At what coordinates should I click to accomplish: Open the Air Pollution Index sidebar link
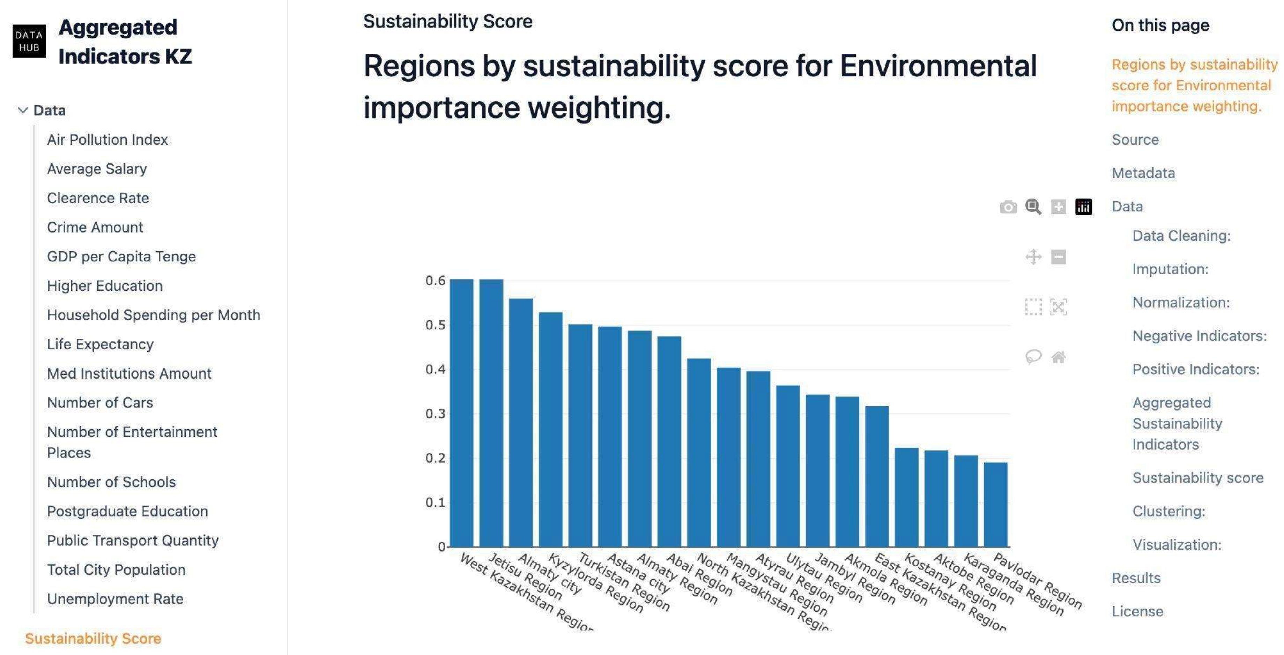(x=107, y=140)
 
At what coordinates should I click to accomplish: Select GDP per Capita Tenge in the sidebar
(x=121, y=256)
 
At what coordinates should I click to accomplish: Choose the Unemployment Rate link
(x=115, y=599)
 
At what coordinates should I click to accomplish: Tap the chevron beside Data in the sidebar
(x=22, y=110)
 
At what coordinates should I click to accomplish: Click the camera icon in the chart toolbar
(x=1008, y=207)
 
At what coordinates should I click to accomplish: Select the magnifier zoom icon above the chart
(x=1033, y=207)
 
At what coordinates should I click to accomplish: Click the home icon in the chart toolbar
(x=1058, y=357)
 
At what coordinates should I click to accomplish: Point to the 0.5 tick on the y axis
(x=435, y=325)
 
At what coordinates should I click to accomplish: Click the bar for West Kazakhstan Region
(x=461, y=414)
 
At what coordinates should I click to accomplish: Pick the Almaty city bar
(x=521, y=424)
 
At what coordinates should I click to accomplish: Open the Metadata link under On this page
(x=1143, y=173)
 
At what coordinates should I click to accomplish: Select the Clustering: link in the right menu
(x=1168, y=511)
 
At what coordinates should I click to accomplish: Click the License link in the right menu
(x=1137, y=611)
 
